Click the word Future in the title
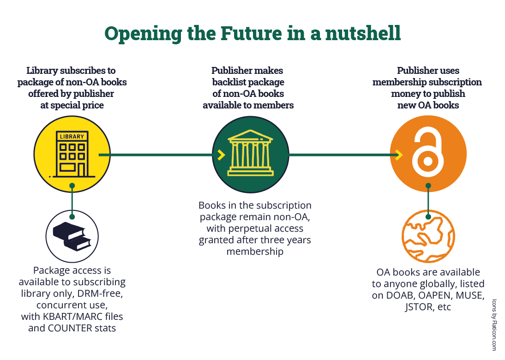pyautogui.click(x=251, y=33)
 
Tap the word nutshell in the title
pyautogui.click(x=363, y=33)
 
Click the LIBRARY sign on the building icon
pyautogui.click(x=72, y=136)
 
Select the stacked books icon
pyautogui.click(x=72, y=236)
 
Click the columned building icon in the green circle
pyautogui.click(x=250, y=153)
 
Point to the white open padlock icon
pyautogui.click(x=428, y=152)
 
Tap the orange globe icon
pyautogui.click(x=428, y=236)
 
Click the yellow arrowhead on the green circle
pyautogui.click(x=221, y=155)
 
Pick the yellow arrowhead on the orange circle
pyautogui.click(x=399, y=155)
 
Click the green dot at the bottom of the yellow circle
pyautogui.click(x=72, y=186)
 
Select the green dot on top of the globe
pyautogui.click(x=428, y=217)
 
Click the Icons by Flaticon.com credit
pyautogui.click(x=494, y=325)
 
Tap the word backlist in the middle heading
pyautogui.click(x=228, y=82)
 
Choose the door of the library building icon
pyautogui.click(x=81, y=170)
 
